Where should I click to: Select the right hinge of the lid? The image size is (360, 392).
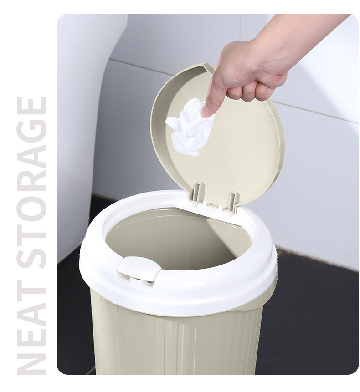pos(234,202)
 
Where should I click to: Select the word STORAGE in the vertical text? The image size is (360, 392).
pos(31,183)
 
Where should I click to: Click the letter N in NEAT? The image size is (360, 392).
pos(31,361)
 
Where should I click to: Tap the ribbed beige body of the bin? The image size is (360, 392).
pos(175,345)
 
